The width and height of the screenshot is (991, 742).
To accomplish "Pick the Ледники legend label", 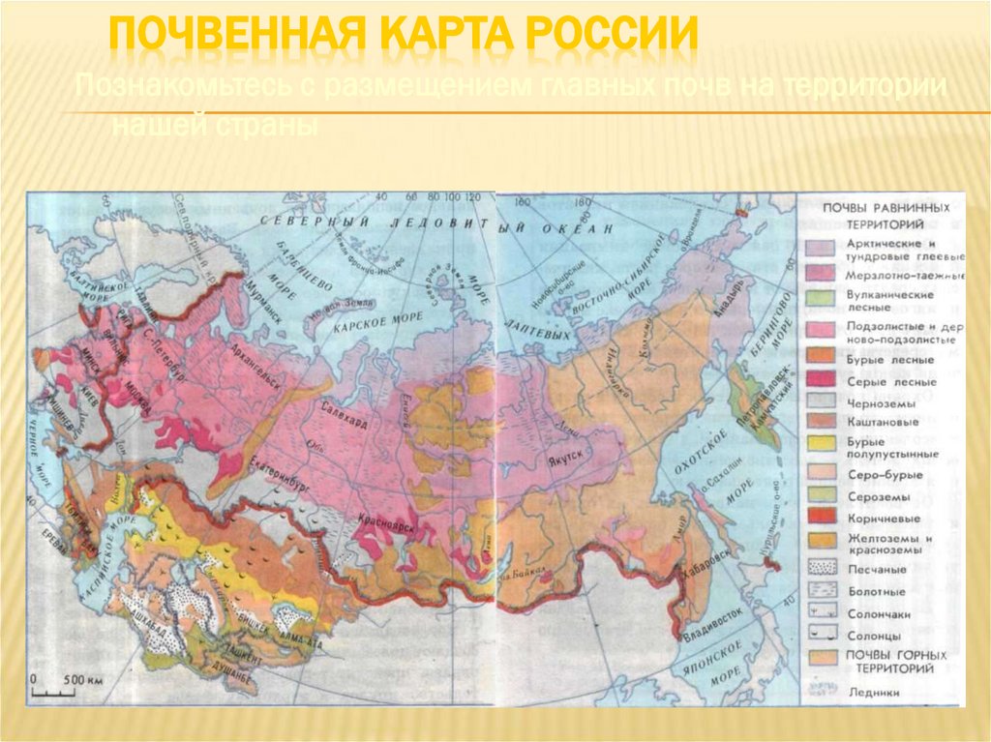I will [x=872, y=693].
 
